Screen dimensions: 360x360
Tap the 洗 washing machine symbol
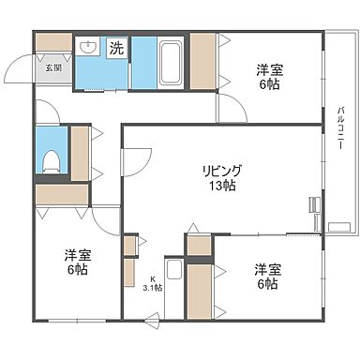pyautogui.click(x=116, y=46)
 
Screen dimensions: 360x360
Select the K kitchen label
pyautogui.click(x=153, y=277)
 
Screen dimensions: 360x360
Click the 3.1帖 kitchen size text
pyautogui.click(x=152, y=288)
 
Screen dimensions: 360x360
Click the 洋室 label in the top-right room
pyautogui.click(x=272, y=68)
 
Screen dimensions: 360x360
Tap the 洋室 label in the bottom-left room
pyautogui.click(x=78, y=254)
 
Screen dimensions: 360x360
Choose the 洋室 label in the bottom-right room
pyautogui.click(x=266, y=269)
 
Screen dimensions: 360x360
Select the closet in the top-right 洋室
pyautogui.click(x=202, y=62)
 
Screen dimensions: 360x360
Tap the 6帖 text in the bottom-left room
pyautogui.click(x=78, y=270)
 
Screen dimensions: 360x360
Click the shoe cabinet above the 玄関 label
pyautogui.click(x=53, y=43)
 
